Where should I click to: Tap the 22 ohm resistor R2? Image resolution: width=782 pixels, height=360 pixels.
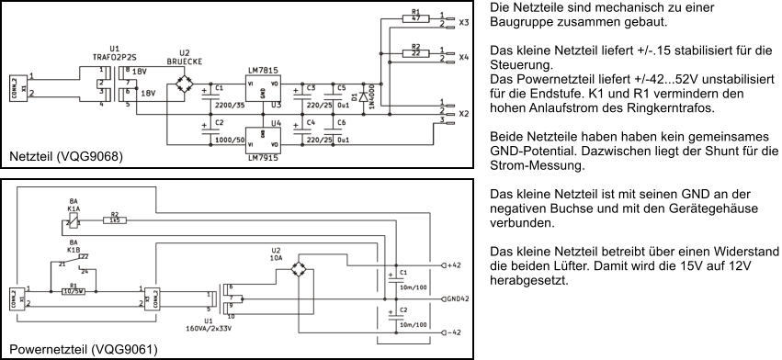pyautogui.click(x=415, y=53)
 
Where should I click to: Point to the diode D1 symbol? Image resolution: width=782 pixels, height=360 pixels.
pyautogui.click(x=364, y=95)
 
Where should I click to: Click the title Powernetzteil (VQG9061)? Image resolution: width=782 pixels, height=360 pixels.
pyautogui.click(x=83, y=349)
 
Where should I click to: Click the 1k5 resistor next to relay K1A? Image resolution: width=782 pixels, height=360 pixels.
pyautogui.click(x=115, y=220)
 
